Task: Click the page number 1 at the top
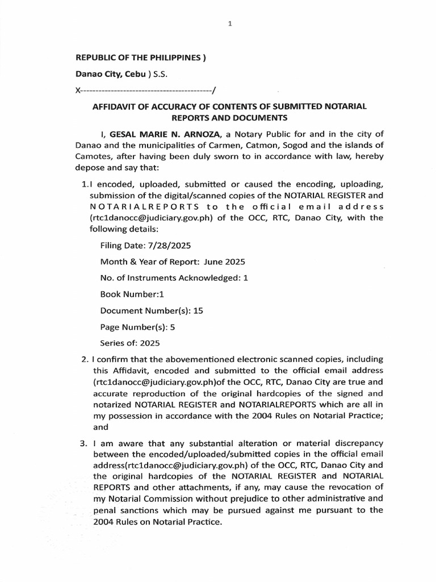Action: pos(230,24)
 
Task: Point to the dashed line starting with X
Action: pos(145,90)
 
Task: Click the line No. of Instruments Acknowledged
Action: pos(174,278)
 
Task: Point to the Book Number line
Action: pos(132,294)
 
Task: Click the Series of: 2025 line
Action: pos(130,343)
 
